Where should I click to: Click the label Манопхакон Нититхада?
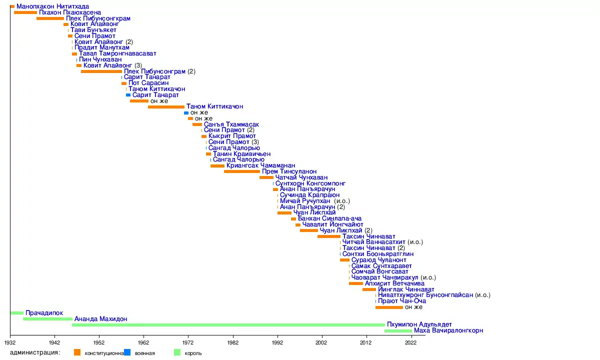(x=52, y=6)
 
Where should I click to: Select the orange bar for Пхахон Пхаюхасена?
(x=25, y=12)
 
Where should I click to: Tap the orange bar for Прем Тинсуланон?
(x=242, y=171)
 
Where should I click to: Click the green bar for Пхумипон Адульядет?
(x=228, y=325)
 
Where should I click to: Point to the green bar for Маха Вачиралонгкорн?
(x=398, y=331)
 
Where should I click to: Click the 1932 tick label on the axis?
(x=10, y=343)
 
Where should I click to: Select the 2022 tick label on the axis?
(x=411, y=343)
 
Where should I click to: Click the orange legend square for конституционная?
(x=77, y=352)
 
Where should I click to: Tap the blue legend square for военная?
(x=127, y=352)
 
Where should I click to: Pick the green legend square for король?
(x=176, y=352)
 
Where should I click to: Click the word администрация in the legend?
(x=35, y=352)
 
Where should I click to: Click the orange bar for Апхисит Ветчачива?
(x=356, y=283)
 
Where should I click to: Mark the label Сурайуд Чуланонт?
(x=379, y=260)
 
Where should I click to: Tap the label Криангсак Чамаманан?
(x=260, y=165)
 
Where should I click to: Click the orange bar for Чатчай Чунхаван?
(x=266, y=177)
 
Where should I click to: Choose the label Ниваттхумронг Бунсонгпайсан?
(x=425, y=295)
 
